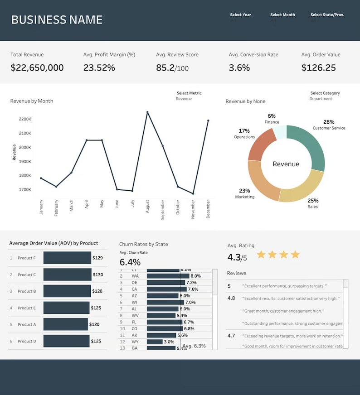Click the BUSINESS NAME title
(x=57, y=20)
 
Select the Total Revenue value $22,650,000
(x=37, y=68)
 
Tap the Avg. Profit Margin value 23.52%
(x=99, y=68)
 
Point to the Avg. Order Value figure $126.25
(x=319, y=68)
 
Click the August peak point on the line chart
(x=147, y=112)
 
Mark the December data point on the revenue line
(x=208, y=120)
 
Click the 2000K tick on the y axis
(x=25, y=147)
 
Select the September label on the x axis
(x=162, y=210)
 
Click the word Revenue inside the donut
(x=286, y=164)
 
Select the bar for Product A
(x=66, y=324)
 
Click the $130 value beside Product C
(x=98, y=275)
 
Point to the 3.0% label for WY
(x=169, y=342)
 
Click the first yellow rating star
(x=261, y=255)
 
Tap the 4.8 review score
(x=231, y=298)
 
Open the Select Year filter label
(x=240, y=15)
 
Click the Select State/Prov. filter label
(x=327, y=15)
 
